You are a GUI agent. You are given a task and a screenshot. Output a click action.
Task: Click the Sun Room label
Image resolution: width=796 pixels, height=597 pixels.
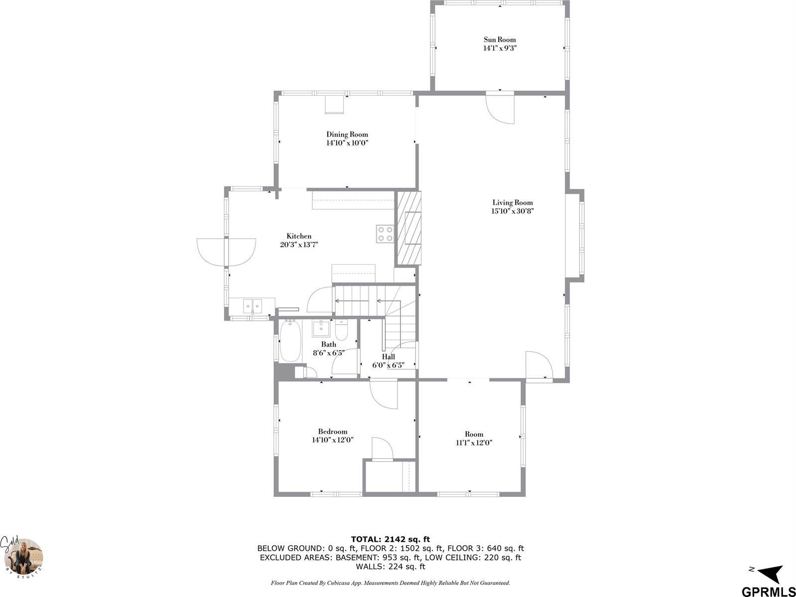point(500,40)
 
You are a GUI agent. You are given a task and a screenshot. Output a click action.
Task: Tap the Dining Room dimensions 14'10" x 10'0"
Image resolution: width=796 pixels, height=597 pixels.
point(347,143)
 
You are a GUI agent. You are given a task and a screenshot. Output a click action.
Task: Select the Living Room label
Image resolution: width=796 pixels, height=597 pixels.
point(513,203)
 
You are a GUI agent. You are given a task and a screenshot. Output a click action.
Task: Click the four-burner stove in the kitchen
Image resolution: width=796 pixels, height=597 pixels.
point(385,234)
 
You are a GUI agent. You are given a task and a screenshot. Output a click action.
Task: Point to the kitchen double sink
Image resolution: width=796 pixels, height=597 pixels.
point(253,305)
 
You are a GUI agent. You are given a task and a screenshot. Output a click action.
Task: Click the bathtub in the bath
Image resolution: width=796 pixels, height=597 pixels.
point(289,342)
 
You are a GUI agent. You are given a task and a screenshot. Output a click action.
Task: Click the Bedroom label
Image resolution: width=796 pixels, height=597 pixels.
point(333,432)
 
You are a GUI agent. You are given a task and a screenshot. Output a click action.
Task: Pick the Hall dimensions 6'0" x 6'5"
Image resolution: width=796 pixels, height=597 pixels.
point(388,365)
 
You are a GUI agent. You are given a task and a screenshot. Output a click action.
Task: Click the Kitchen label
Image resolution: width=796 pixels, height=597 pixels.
point(299,236)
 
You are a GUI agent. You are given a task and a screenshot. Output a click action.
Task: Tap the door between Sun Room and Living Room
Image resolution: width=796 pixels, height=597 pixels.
point(501,107)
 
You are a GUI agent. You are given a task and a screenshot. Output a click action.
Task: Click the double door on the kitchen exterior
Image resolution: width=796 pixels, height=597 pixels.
point(227,252)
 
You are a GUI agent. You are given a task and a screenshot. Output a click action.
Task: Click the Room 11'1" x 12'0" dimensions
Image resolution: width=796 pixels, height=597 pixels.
point(474,443)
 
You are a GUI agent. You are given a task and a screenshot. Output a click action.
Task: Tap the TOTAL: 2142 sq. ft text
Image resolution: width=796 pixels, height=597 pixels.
point(390,539)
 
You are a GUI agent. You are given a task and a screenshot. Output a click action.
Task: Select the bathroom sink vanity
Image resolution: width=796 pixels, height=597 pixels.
point(321,329)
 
